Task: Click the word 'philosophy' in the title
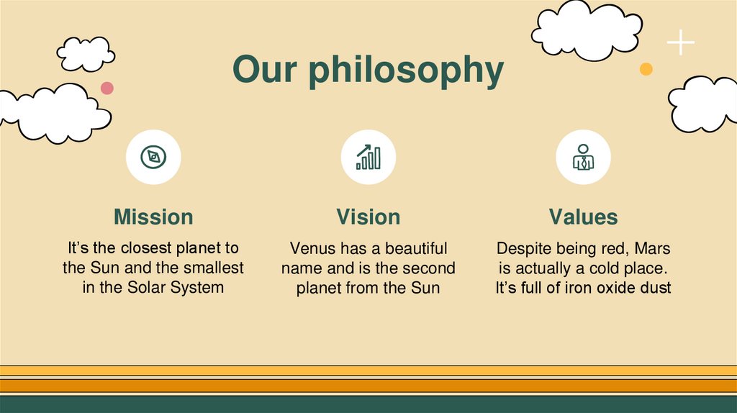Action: [407, 72]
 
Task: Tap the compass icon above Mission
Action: [153, 157]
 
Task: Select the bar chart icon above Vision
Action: [368, 157]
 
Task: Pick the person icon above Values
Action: [583, 157]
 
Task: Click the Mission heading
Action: [153, 217]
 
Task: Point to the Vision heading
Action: [368, 217]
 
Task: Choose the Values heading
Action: [583, 217]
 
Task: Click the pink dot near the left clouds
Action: [107, 88]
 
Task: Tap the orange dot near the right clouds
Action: [646, 69]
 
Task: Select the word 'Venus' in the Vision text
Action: [312, 249]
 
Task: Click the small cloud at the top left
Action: [86, 53]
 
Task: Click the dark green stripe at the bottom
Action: [368, 404]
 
